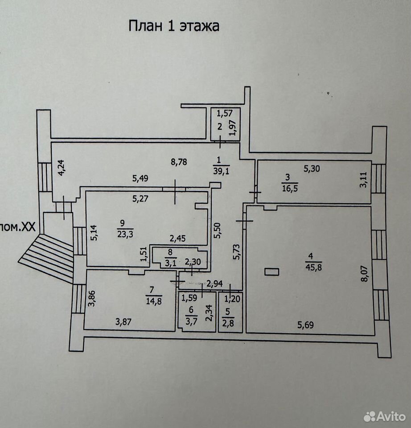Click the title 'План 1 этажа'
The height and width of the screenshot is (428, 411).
[174, 26]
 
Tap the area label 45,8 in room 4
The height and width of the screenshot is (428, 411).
[313, 267]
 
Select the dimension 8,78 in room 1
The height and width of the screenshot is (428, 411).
[179, 162]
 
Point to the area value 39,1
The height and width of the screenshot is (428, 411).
[222, 171]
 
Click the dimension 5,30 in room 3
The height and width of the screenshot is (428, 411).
[312, 169]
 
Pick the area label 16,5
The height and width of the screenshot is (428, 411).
[290, 188]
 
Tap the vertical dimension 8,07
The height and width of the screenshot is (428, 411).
[365, 274]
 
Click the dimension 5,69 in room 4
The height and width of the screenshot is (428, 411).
[305, 325]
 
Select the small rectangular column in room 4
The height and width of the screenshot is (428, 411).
[271, 272]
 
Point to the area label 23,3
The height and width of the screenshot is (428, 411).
[125, 234]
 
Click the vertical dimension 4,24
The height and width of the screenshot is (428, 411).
[62, 168]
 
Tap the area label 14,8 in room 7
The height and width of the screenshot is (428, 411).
[154, 301]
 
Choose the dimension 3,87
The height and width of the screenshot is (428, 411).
[123, 322]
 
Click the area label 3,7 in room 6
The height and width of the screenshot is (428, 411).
[191, 321]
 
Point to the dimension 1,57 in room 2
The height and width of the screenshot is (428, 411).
[225, 113]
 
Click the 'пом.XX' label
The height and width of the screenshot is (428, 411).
[18, 227]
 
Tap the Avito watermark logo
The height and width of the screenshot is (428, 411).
[384, 416]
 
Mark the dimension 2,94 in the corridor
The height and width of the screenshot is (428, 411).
[214, 284]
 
